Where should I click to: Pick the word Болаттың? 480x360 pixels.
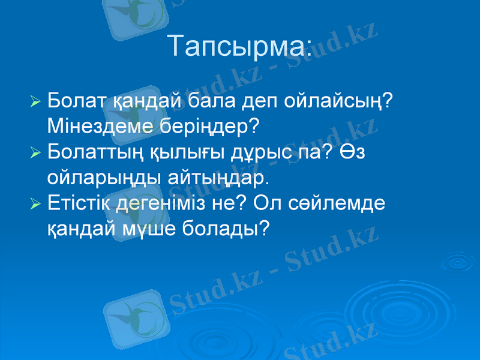[93, 152]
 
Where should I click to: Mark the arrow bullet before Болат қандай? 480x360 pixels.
[35, 100]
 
